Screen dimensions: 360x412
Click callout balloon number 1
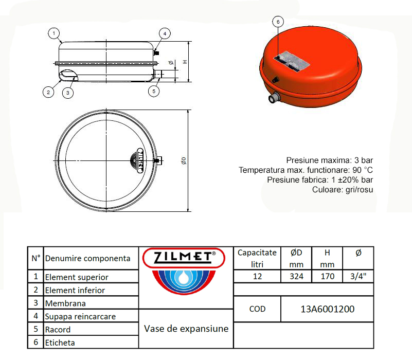click(53, 33)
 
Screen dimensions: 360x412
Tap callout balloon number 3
click(68, 93)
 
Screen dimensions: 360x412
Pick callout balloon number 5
click(153, 91)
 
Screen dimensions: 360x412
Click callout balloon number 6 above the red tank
click(278, 22)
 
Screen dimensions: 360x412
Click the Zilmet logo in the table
click(182, 273)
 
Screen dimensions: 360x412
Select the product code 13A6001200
click(327, 309)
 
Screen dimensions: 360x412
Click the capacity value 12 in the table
click(257, 276)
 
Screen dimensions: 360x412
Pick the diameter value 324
click(297, 276)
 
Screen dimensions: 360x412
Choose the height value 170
click(327, 276)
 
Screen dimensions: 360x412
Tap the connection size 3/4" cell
click(358, 276)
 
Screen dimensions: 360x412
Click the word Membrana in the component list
click(65, 303)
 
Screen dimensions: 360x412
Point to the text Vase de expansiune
click(186, 329)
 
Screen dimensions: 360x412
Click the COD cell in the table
click(257, 309)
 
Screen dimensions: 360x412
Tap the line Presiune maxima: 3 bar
click(329, 160)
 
